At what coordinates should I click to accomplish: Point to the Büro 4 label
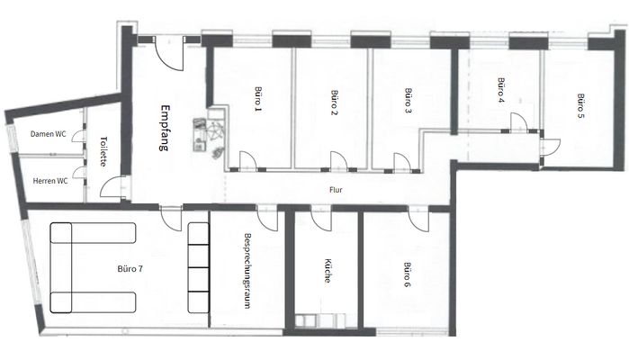click(x=500, y=89)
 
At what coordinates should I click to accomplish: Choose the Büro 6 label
click(x=408, y=274)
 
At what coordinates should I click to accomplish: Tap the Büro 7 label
click(x=130, y=269)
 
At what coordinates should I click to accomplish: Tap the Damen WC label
click(x=48, y=134)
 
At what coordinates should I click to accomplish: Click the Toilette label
click(x=104, y=151)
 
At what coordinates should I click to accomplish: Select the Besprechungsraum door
click(x=267, y=217)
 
